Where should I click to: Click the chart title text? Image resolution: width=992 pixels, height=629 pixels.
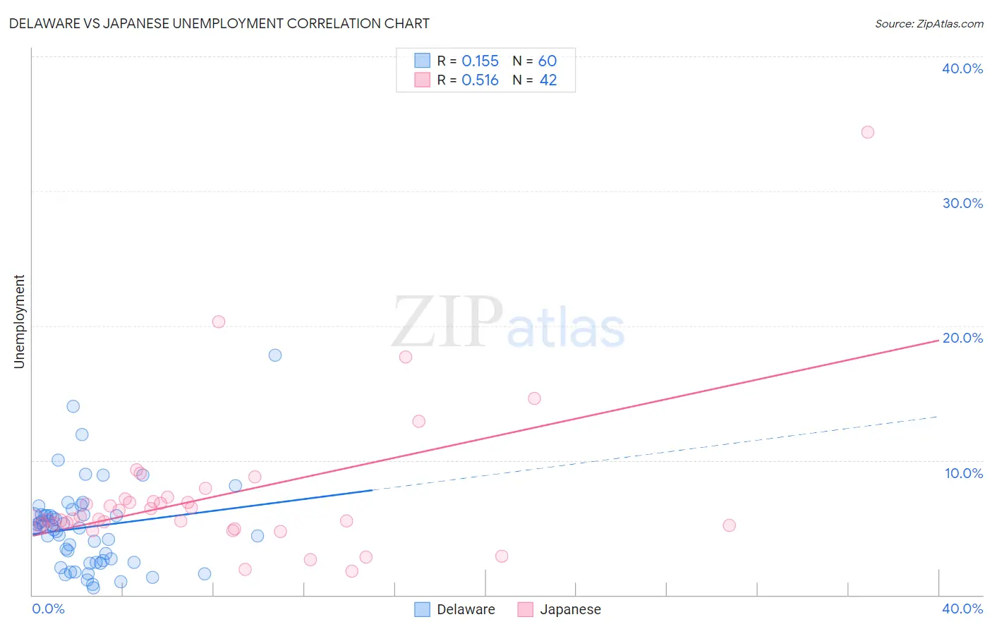click(x=219, y=23)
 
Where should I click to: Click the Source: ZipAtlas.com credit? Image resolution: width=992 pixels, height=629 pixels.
click(x=929, y=24)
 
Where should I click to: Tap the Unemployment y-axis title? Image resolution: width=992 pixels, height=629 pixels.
click(x=19, y=322)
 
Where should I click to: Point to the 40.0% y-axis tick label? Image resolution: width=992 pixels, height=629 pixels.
click(x=962, y=68)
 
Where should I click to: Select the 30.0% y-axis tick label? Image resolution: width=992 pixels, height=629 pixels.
click(x=962, y=203)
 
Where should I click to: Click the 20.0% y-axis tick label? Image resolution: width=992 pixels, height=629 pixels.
click(x=962, y=338)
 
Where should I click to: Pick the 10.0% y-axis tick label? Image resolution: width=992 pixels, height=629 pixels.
click(x=964, y=473)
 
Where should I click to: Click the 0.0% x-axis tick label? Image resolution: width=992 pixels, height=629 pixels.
click(x=49, y=609)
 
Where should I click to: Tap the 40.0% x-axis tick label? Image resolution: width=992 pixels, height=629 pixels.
click(x=962, y=609)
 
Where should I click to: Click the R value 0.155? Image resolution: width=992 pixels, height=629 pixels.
click(x=480, y=61)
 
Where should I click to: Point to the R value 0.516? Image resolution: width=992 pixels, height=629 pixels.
click(x=480, y=80)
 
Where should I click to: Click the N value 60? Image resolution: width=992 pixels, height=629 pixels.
click(x=548, y=61)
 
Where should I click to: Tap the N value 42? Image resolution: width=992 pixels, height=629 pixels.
click(x=548, y=80)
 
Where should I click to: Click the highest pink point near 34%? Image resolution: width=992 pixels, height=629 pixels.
click(x=868, y=133)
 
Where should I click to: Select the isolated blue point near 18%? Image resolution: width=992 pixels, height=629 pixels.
click(x=275, y=355)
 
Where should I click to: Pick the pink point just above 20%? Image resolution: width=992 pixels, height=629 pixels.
click(x=219, y=322)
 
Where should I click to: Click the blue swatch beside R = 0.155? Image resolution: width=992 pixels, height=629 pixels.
click(x=422, y=61)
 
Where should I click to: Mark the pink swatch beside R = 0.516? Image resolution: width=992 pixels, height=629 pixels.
click(x=422, y=80)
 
